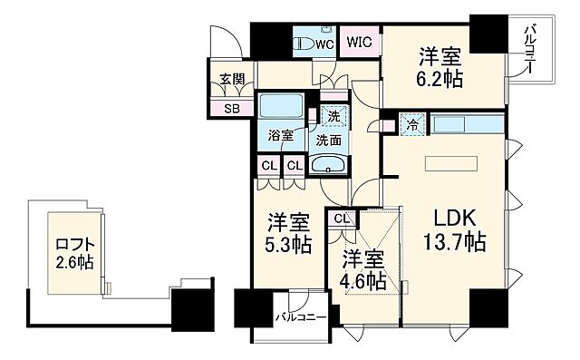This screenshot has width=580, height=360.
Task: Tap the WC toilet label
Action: [324, 42]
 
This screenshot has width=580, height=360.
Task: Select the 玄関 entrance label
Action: [231, 80]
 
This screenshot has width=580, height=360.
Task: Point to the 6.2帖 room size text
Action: [441, 79]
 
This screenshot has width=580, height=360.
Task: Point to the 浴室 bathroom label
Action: [280, 135]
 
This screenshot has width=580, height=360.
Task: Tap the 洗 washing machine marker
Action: [333, 116]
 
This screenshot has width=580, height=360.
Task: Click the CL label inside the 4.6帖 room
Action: [343, 219]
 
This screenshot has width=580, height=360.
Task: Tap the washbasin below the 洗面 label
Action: [326, 164]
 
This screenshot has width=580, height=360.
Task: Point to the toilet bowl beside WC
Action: [304, 43]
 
